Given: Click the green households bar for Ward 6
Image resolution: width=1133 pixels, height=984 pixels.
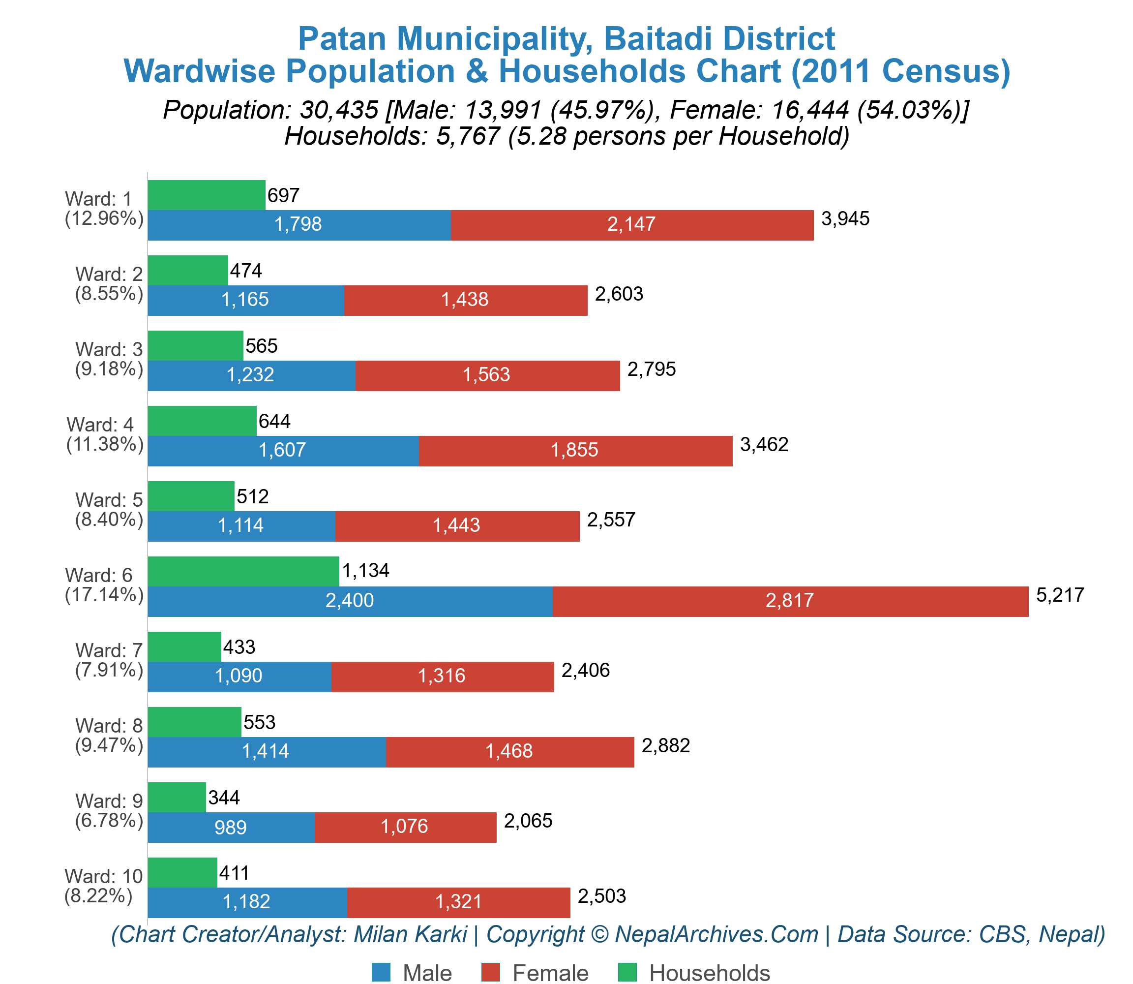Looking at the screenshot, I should tap(243, 571).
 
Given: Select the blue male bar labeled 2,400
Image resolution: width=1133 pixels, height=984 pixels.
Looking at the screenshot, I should tap(350, 601).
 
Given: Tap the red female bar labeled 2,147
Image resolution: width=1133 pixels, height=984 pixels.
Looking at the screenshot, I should tap(632, 224).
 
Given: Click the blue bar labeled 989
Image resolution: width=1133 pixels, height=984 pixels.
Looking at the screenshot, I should tap(231, 827).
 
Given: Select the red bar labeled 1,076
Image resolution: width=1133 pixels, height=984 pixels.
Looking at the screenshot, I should tap(405, 827).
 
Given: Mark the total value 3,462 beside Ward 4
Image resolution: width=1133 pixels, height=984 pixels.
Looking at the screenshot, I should tap(764, 444).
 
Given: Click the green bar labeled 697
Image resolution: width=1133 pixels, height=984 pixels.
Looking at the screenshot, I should tap(207, 195).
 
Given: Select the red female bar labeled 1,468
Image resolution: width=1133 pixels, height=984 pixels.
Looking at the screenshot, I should tap(509, 752).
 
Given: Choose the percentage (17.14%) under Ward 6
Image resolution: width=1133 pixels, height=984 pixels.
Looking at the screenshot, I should tap(104, 595).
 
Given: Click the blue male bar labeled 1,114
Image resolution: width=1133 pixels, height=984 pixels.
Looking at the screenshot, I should tap(241, 526).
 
